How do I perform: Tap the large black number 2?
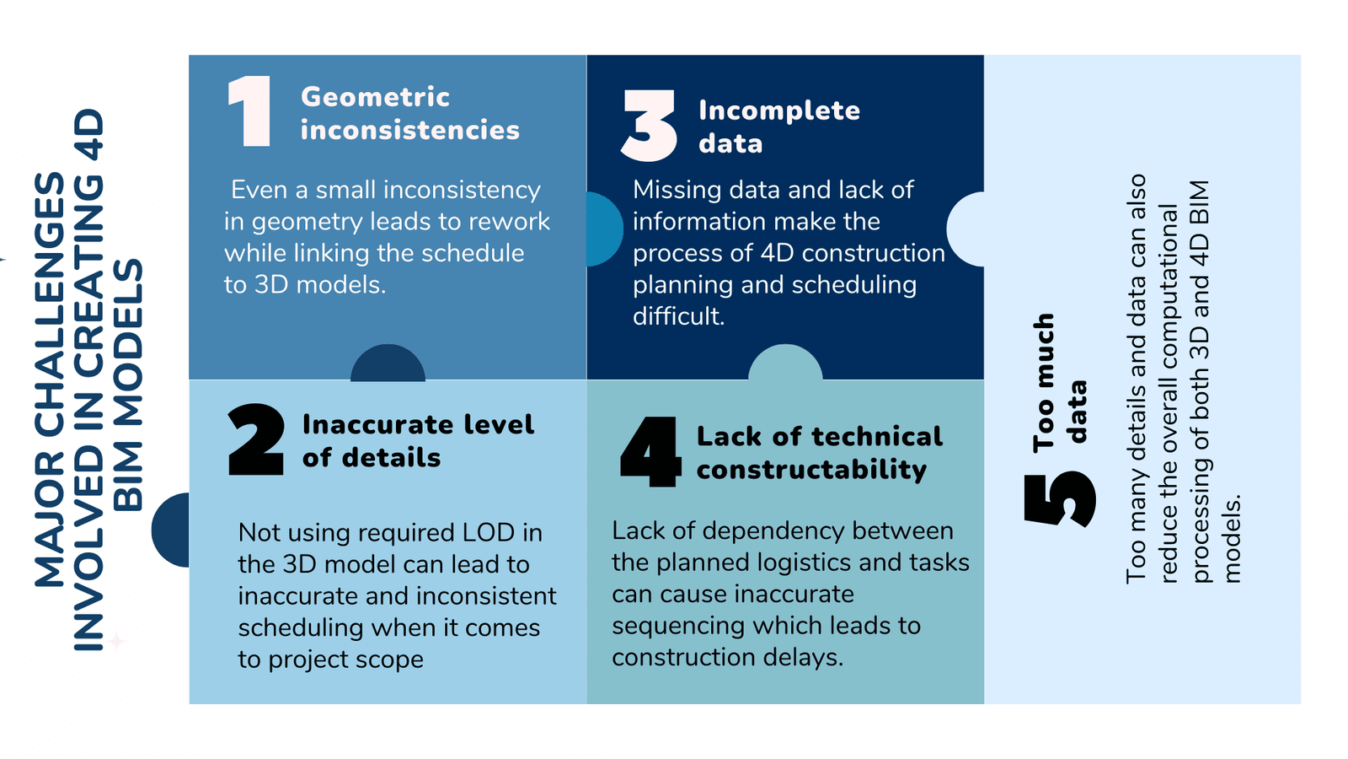(256, 439)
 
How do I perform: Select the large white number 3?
(649, 126)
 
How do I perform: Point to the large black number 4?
(650, 451)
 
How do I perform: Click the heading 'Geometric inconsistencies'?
(409, 113)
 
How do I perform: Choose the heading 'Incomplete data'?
(779, 126)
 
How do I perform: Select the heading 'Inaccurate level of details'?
(418, 441)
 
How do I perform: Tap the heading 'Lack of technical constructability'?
(819, 453)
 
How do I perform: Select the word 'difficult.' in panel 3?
(678, 316)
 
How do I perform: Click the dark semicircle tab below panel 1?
(388, 363)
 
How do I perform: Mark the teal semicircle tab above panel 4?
(785, 362)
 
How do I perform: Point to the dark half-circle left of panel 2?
(170, 530)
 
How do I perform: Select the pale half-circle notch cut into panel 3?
(966, 229)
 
